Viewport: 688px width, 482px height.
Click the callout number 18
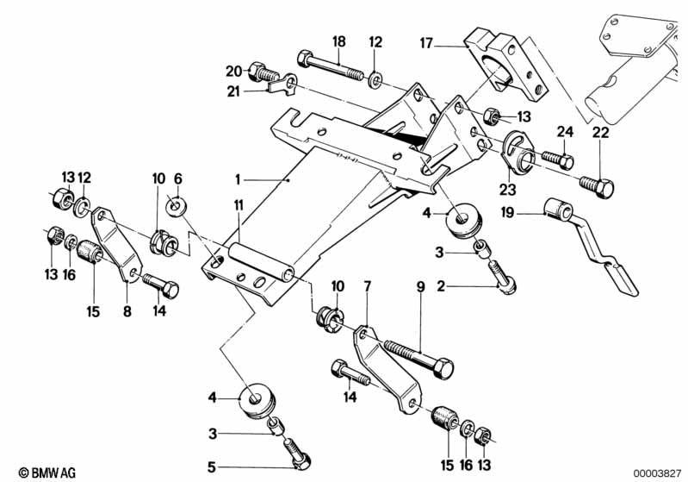(339, 41)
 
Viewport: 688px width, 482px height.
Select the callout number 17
(425, 41)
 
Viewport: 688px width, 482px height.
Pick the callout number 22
(599, 132)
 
